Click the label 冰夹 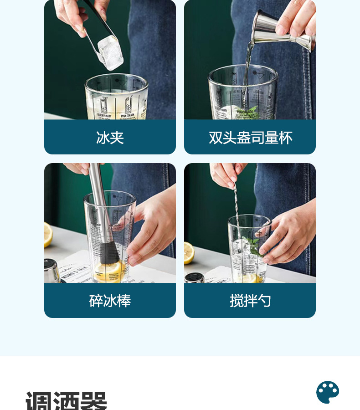(x=110, y=138)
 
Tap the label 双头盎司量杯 (x=250, y=138)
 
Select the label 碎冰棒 (x=110, y=301)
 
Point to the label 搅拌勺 (x=250, y=301)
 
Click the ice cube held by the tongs (x=111, y=52)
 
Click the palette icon (x=328, y=392)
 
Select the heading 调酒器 (x=66, y=401)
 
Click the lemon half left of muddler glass (x=48, y=235)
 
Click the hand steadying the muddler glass (x=150, y=228)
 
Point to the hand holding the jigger (x=296, y=18)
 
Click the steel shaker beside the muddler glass (x=51, y=271)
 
